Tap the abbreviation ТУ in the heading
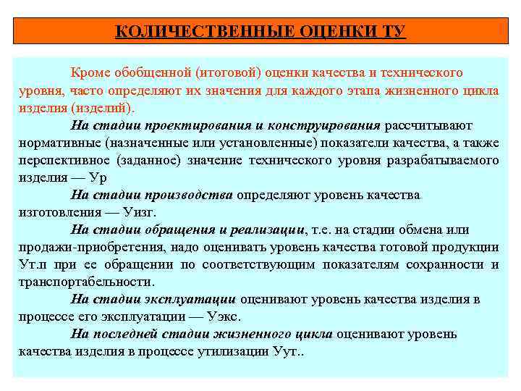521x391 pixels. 393,32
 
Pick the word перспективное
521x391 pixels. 62,160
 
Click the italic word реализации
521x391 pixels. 268,230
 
